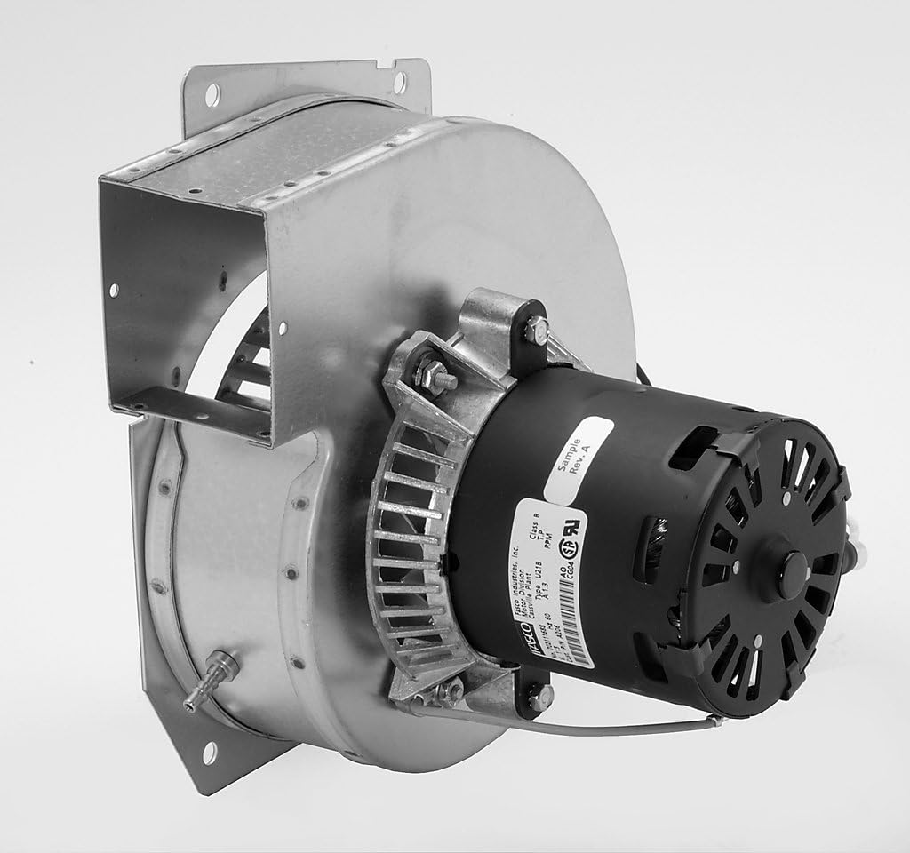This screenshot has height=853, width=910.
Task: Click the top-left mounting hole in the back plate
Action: pyautogui.click(x=212, y=90)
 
